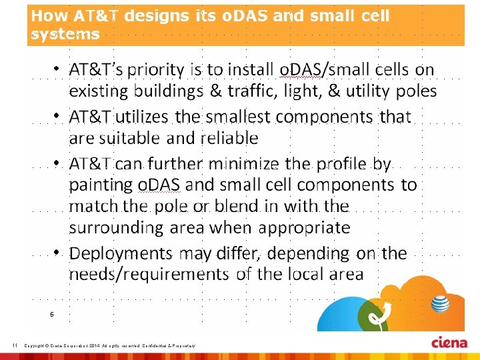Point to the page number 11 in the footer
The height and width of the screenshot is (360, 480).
(15, 345)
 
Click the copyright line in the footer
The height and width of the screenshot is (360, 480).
(109, 345)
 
